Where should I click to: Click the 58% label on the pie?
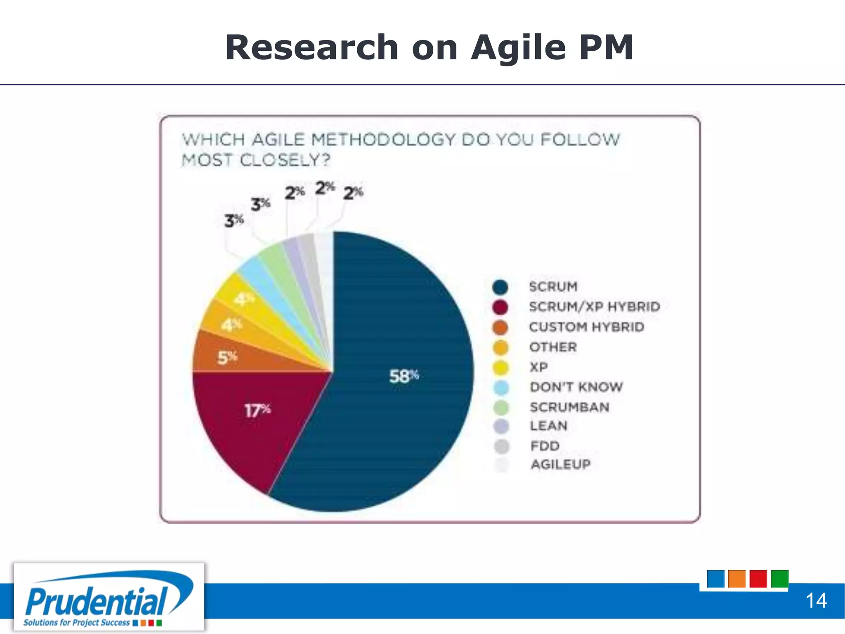tap(404, 376)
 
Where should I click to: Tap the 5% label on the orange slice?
tap(227, 357)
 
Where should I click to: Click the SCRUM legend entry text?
tap(553, 286)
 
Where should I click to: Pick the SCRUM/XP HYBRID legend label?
tap(594, 307)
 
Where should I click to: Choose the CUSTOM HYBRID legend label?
tap(586, 327)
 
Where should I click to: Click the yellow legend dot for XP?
tap(501, 367)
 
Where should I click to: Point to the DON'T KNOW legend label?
tap(576, 387)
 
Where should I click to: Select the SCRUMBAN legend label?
tap(569, 407)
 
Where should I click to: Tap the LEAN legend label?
tap(548, 426)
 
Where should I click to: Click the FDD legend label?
tap(545, 446)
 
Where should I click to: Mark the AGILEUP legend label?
tap(560, 464)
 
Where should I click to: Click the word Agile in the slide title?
tap(518, 48)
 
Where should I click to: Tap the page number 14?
tap(816, 601)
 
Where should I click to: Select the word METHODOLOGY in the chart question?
tap(383, 140)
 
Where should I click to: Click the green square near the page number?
tap(779, 579)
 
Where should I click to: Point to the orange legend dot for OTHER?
tap(500, 347)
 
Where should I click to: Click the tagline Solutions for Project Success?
tap(76, 622)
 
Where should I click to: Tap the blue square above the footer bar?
tap(715, 579)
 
